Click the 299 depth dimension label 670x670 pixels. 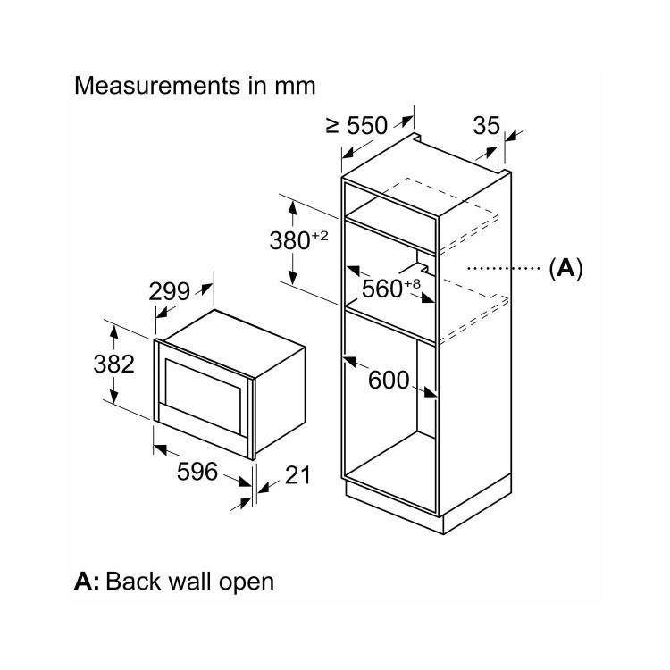coord(169,292)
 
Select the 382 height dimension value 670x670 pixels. coord(113,364)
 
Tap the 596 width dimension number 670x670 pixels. coord(197,472)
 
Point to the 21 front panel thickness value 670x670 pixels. coord(297,475)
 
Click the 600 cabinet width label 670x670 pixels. coord(389,380)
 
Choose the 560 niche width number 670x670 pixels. coord(382,289)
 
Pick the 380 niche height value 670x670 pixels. coord(289,240)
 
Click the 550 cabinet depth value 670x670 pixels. coord(367,126)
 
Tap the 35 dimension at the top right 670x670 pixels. coord(486,126)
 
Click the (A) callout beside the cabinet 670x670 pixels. coord(565,269)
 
